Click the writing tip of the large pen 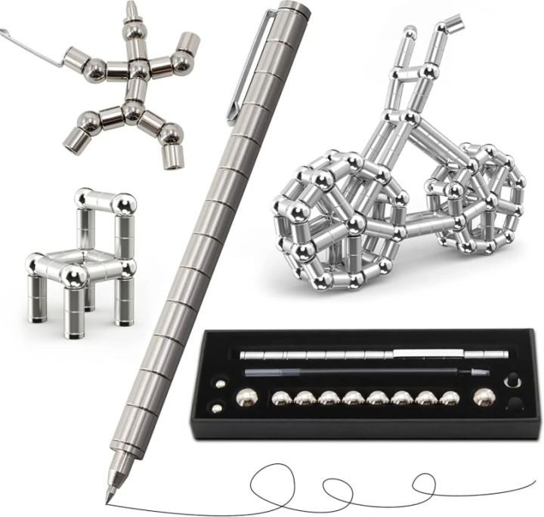tap(107, 499)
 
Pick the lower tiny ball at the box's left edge tap(218, 409)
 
